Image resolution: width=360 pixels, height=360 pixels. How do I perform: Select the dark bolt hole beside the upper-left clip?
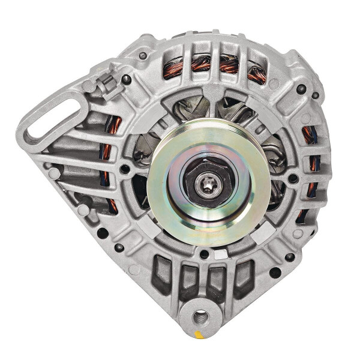[126, 79]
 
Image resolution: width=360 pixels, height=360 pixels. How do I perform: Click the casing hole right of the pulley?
[293, 178]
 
